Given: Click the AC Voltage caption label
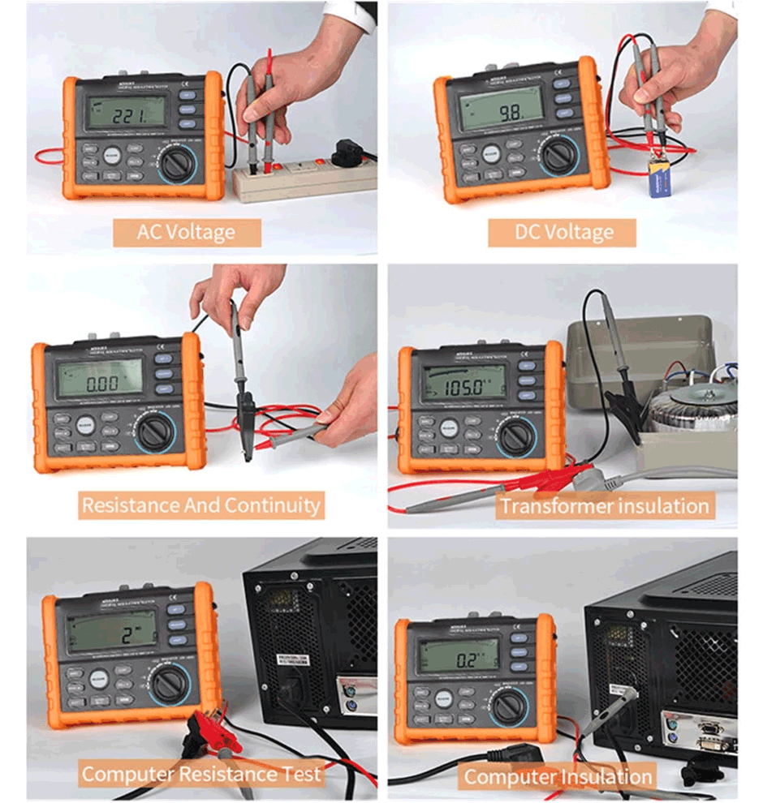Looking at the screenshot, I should click(x=186, y=232).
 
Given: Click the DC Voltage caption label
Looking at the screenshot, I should click(x=563, y=233).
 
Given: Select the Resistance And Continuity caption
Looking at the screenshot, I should click(x=200, y=505).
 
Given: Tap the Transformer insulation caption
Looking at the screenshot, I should click(x=604, y=506).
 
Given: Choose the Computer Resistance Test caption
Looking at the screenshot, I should click(x=201, y=774).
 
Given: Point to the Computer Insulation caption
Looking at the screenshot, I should click(x=558, y=776).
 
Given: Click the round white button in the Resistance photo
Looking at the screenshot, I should click(x=86, y=426).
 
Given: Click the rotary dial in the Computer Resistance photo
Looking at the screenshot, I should click(x=172, y=684).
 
